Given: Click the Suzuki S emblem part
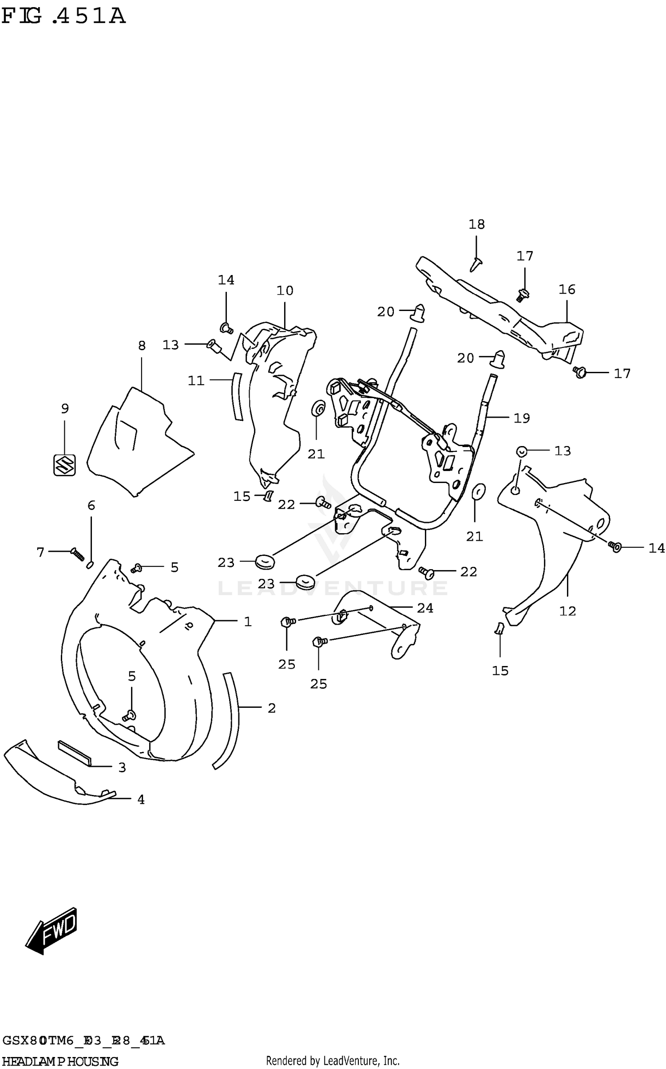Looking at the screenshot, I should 64,465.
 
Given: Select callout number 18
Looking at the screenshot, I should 476,224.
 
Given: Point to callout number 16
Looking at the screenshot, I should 567,290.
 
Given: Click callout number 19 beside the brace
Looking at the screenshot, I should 522,418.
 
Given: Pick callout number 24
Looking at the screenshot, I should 425,608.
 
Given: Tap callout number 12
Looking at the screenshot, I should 567,611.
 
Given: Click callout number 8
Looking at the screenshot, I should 142,346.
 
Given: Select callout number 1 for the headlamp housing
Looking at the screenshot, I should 248,622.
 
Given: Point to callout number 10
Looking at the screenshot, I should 285,291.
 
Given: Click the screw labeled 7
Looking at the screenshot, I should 77,554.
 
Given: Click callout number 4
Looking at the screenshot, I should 141,800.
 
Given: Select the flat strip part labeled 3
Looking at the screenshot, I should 74,752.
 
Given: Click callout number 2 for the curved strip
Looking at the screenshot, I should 272,708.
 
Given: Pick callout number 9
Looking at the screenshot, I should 65,409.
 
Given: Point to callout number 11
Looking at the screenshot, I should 196,381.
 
